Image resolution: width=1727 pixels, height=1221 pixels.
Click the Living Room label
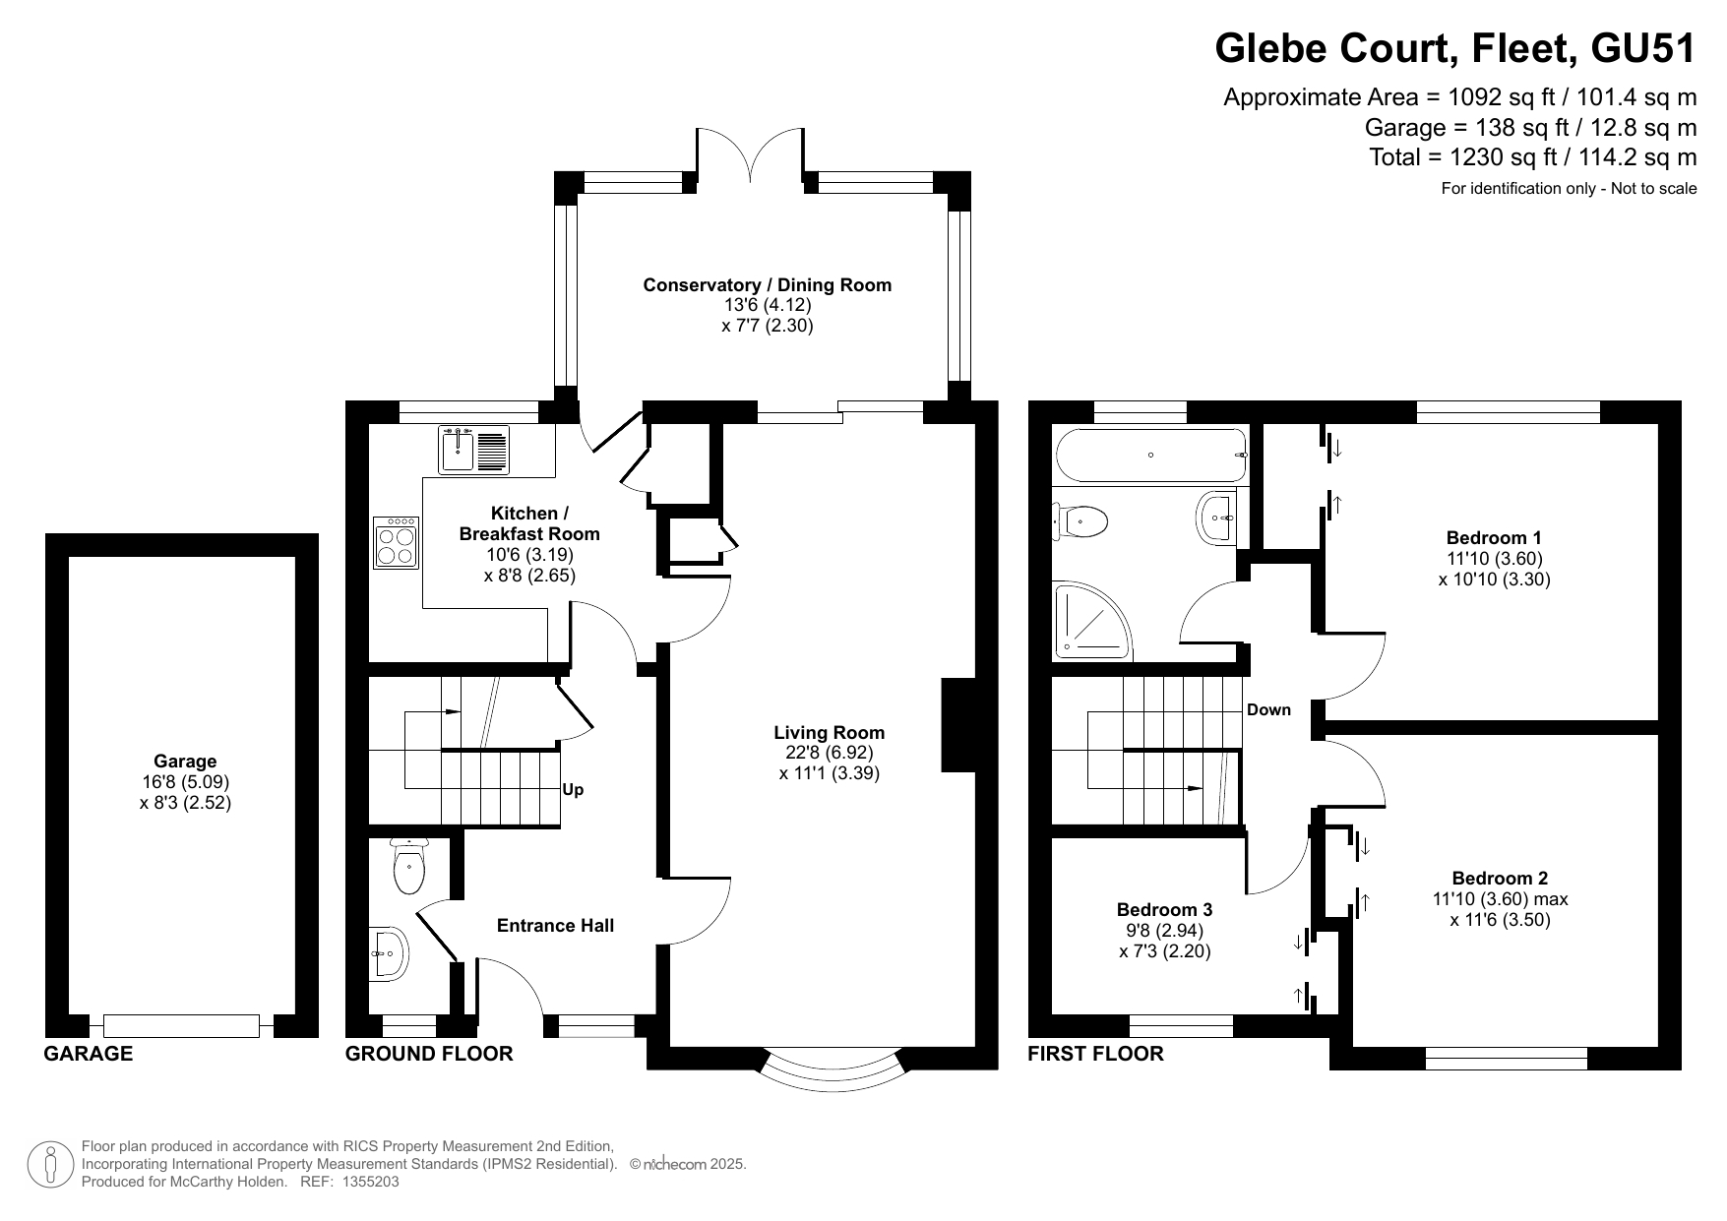[x=829, y=733]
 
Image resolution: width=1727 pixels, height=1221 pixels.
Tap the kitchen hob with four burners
[x=397, y=543]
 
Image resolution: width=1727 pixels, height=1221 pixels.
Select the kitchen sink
[x=473, y=450]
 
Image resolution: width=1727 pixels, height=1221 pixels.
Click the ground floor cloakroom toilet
[x=407, y=866]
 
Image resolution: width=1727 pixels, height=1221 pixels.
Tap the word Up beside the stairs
[x=573, y=789]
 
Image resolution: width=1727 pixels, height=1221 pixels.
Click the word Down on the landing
[x=1268, y=710]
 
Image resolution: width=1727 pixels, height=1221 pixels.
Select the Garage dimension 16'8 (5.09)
[x=185, y=782]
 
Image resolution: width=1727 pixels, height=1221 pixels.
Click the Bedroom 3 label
[x=1164, y=910]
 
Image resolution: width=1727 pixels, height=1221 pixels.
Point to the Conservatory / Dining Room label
[x=768, y=285]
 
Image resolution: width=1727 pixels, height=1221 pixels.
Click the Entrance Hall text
[x=555, y=926]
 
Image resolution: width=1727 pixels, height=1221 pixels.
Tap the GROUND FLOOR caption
[x=429, y=1054]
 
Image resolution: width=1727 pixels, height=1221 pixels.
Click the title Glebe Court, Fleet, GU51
[x=1455, y=48]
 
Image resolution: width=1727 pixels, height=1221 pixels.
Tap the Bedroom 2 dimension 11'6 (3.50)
[x=1500, y=921]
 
